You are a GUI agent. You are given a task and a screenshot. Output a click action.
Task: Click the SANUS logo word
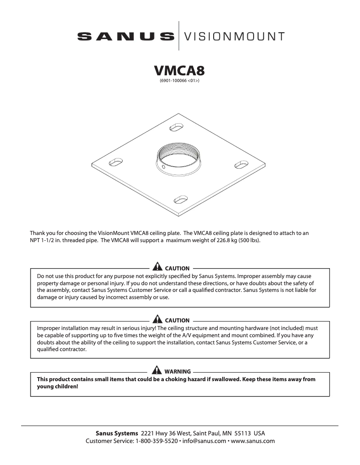(126, 36)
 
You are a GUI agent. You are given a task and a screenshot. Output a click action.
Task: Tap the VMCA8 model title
(180, 71)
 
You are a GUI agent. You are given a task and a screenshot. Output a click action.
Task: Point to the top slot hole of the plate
(176, 129)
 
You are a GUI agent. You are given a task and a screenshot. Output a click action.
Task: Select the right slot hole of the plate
(241, 165)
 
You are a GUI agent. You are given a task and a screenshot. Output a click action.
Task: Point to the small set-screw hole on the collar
(164, 169)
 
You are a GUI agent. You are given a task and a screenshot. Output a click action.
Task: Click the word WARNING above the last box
(178, 371)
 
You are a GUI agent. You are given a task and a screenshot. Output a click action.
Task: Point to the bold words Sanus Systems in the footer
(117, 434)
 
